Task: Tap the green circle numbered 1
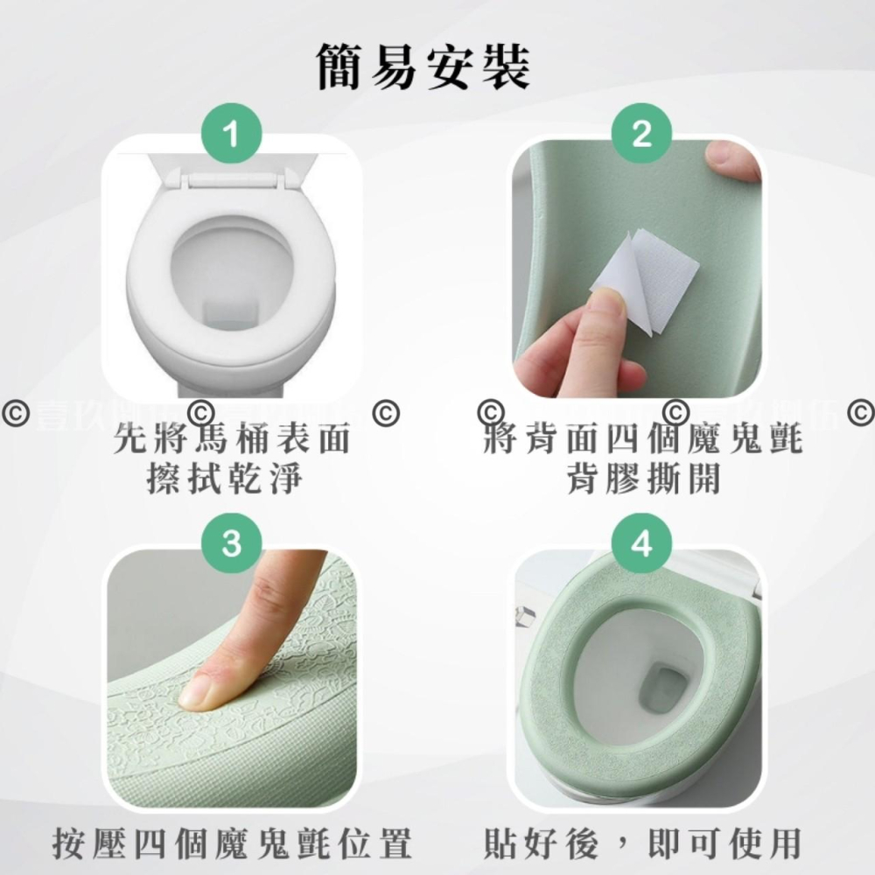pyautogui.click(x=231, y=136)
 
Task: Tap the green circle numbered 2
pyautogui.click(x=642, y=136)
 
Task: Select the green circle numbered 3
pyautogui.click(x=231, y=543)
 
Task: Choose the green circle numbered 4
pyautogui.click(x=642, y=543)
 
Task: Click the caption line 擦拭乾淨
pyautogui.click(x=233, y=479)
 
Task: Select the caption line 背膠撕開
pyautogui.click(x=643, y=479)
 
